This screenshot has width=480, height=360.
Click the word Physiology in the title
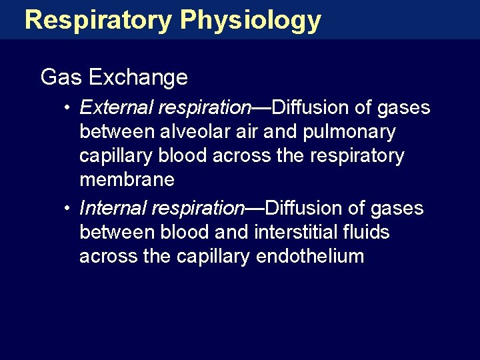(x=251, y=21)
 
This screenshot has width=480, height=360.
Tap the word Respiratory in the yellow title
(x=98, y=21)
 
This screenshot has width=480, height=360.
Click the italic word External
(x=111, y=107)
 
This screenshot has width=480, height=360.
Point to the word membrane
(x=127, y=180)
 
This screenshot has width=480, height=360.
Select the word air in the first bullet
(x=245, y=132)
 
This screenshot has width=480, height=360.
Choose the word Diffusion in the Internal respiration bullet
(x=305, y=209)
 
